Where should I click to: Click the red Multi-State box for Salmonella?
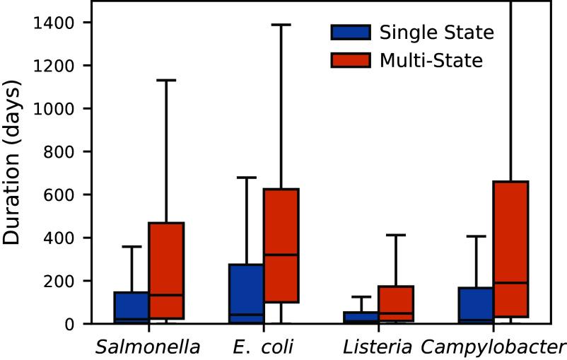(166, 271)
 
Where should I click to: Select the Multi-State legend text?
(431, 61)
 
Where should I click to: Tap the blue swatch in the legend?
(350, 32)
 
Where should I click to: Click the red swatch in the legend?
(350, 61)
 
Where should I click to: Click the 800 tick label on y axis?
(62, 151)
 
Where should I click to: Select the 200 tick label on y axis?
(62, 281)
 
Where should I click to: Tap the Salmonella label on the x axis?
(148, 347)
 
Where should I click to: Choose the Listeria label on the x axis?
(378, 347)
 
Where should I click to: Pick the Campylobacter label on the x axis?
(493, 347)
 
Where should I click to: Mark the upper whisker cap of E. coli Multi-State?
(281, 25)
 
